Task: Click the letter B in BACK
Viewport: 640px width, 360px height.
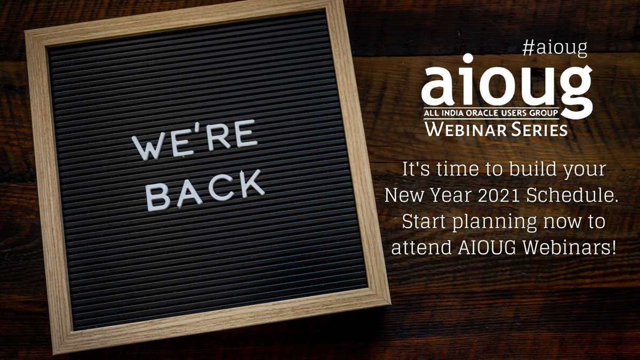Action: pyautogui.click(x=157, y=198)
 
